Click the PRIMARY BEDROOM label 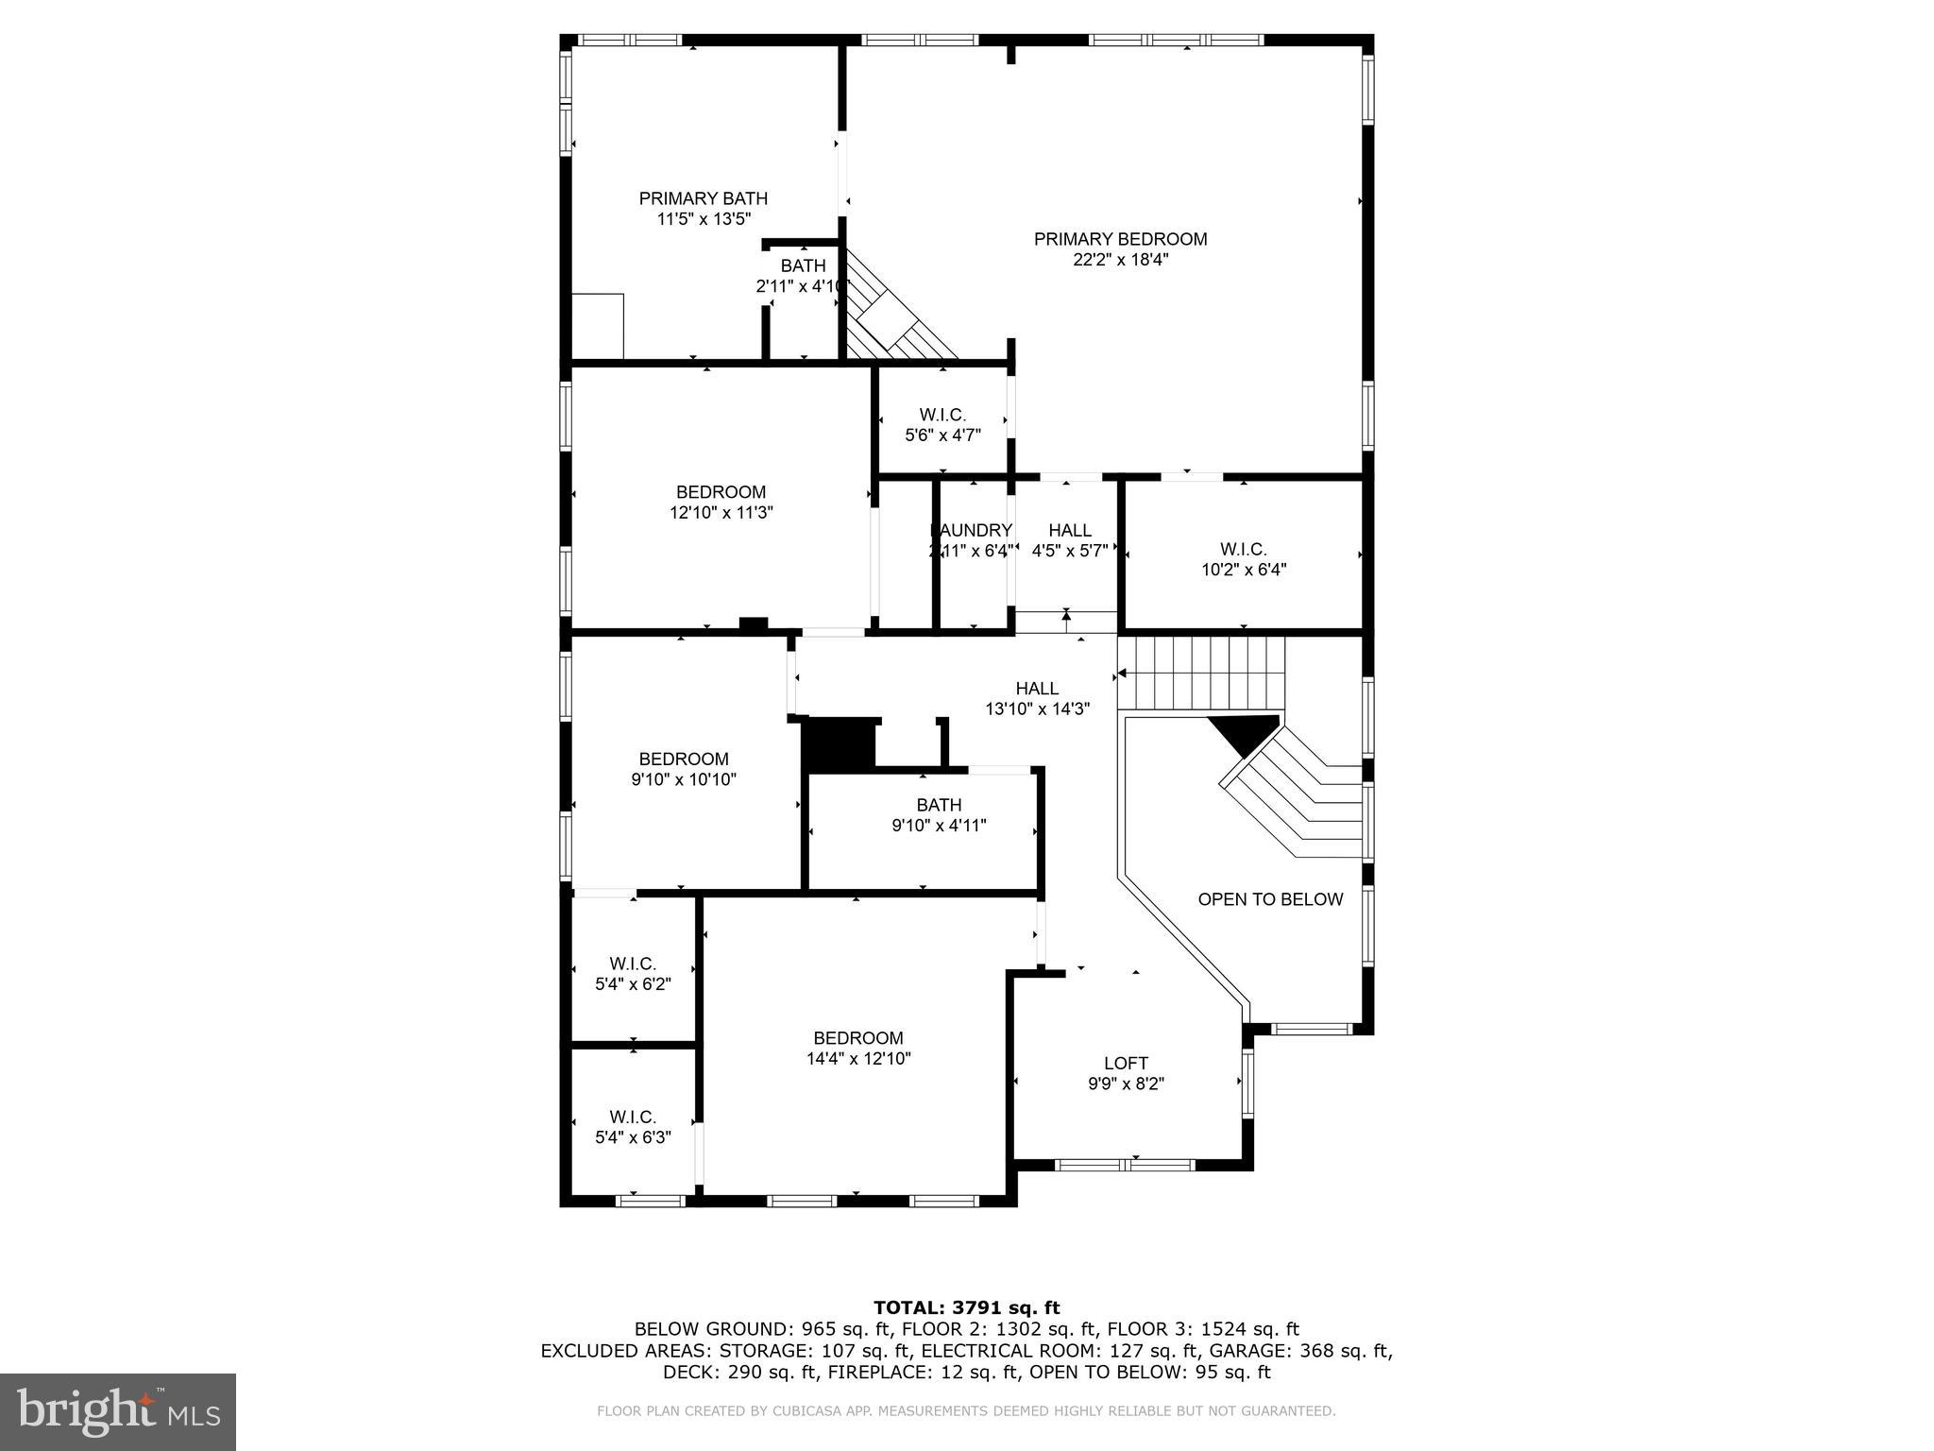pos(1120,239)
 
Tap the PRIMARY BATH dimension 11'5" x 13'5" pos(704,219)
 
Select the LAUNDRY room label pos(971,530)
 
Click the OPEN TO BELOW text pos(1269,899)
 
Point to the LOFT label pos(1126,1063)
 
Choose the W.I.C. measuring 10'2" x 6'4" pos(1243,559)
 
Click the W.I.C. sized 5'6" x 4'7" pos(942,425)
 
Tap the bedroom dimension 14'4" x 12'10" pos(858,1059)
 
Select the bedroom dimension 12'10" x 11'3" pos(721,513)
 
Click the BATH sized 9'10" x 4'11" pos(939,815)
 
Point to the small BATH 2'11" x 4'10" pos(802,276)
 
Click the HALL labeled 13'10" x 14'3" pos(1037,698)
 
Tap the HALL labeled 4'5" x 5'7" pos(1069,540)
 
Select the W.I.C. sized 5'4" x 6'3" pos(633,1127)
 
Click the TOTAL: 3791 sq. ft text pos(966,1307)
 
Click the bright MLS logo pos(118,1411)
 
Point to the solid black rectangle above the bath pos(839,743)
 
